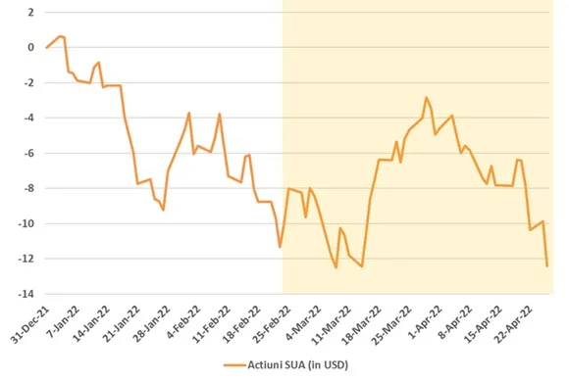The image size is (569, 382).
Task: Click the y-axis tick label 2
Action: (x=30, y=13)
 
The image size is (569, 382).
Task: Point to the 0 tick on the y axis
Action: (x=30, y=47)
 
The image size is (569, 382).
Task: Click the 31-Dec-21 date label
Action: (x=30, y=323)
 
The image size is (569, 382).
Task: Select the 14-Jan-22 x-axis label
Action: (x=91, y=323)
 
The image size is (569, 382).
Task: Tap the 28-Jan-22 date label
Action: (x=152, y=323)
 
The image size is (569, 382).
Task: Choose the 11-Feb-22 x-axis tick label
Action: (x=212, y=323)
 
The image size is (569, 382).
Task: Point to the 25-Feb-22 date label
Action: (x=273, y=323)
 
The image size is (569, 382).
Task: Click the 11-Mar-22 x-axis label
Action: (x=332, y=323)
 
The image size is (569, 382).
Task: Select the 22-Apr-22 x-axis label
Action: (x=514, y=323)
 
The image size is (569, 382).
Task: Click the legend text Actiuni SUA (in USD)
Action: (x=297, y=365)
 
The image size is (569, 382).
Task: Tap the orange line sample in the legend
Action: (x=234, y=365)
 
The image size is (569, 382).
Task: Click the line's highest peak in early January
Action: (x=60, y=36)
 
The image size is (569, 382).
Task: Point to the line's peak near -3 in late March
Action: (x=427, y=97)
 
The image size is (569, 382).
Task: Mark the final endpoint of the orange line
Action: (x=547, y=266)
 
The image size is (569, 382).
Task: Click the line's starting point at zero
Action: (x=46, y=47)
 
